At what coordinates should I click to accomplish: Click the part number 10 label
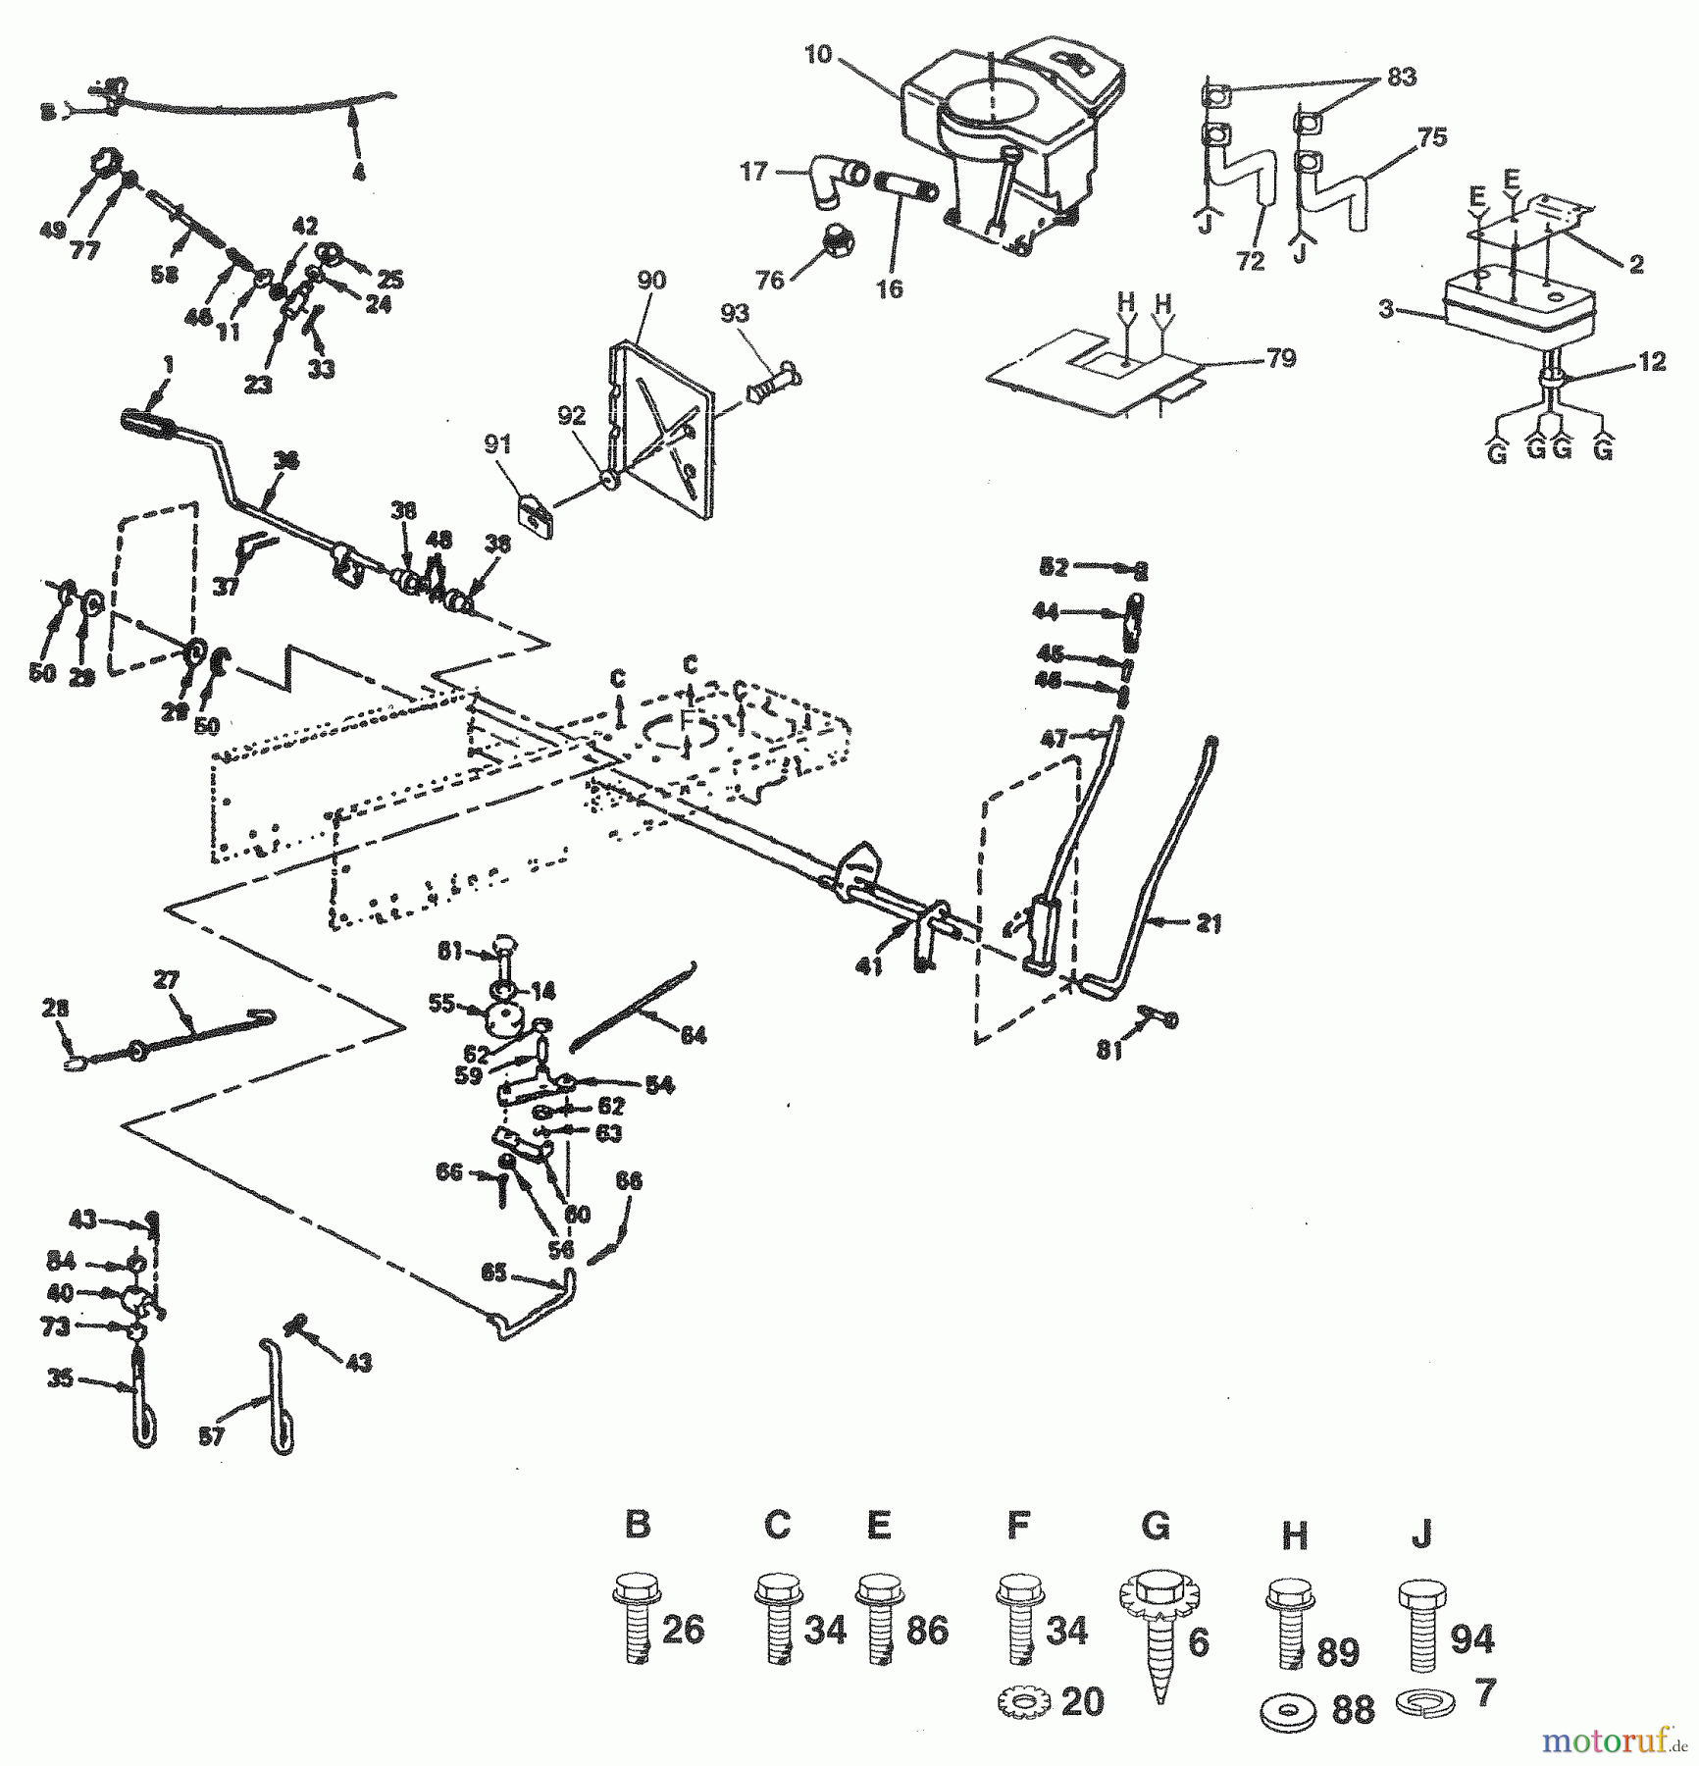pyautogui.click(x=817, y=55)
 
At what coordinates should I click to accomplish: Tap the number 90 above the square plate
pyautogui.click(x=651, y=281)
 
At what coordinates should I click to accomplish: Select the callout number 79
pyautogui.click(x=1281, y=359)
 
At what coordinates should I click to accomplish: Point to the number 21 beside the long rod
pyautogui.click(x=1209, y=923)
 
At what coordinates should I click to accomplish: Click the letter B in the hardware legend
pyautogui.click(x=638, y=1525)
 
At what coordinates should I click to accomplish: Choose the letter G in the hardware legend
pyautogui.click(x=1156, y=1526)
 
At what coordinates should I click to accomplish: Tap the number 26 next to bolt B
pyautogui.click(x=683, y=1631)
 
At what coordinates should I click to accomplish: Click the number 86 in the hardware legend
pyautogui.click(x=926, y=1631)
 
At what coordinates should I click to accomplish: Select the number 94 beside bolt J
pyautogui.click(x=1471, y=1638)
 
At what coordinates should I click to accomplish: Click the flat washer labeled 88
pyautogui.click(x=1287, y=1710)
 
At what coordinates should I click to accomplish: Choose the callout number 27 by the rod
pyautogui.click(x=166, y=980)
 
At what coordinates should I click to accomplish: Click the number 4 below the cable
pyautogui.click(x=358, y=173)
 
